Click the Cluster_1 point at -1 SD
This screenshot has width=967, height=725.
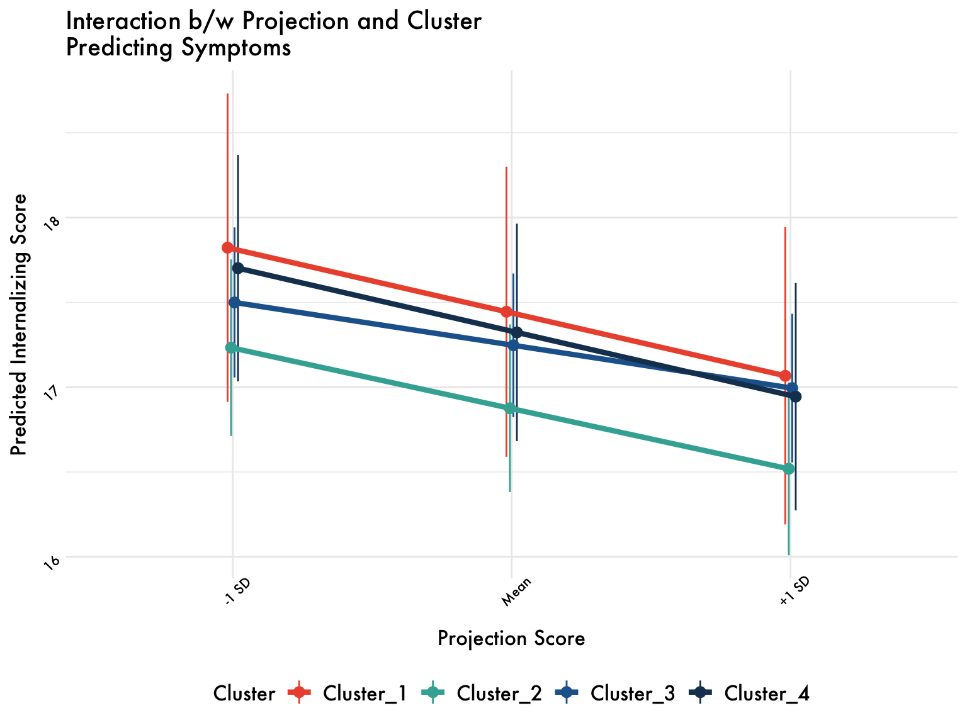[x=228, y=247]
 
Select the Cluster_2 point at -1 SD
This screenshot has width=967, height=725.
[x=231, y=347]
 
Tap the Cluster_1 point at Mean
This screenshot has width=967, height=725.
[x=506, y=312]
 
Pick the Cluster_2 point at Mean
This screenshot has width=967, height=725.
[x=510, y=408]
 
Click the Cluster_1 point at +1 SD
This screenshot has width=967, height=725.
[x=785, y=376]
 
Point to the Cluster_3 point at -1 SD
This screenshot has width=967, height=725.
[x=234, y=302]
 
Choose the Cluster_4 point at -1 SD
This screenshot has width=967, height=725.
[x=238, y=268]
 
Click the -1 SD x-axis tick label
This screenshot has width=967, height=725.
[x=237, y=592]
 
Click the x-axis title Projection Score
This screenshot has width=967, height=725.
[x=511, y=638]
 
